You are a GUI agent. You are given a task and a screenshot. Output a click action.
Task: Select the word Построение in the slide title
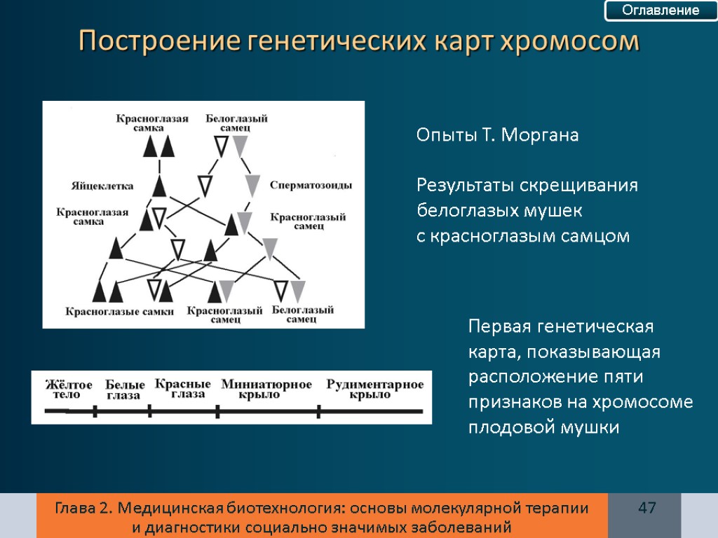[160, 41]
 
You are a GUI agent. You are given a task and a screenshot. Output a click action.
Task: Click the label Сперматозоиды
[311, 186]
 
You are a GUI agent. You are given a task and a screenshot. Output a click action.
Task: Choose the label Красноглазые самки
[120, 312]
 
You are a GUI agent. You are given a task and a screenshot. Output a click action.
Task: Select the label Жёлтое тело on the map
[69, 390]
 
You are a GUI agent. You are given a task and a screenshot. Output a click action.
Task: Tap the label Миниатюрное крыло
[266, 389]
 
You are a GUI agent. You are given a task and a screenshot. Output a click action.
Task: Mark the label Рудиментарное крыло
[375, 389]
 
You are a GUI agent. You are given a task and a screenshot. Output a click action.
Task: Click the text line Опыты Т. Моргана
[498, 136]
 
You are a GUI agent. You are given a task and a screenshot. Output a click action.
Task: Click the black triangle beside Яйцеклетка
[160, 186]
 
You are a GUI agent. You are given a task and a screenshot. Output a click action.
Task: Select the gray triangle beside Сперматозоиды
[253, 186]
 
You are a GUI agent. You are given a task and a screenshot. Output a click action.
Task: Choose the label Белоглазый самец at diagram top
[236, 124]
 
